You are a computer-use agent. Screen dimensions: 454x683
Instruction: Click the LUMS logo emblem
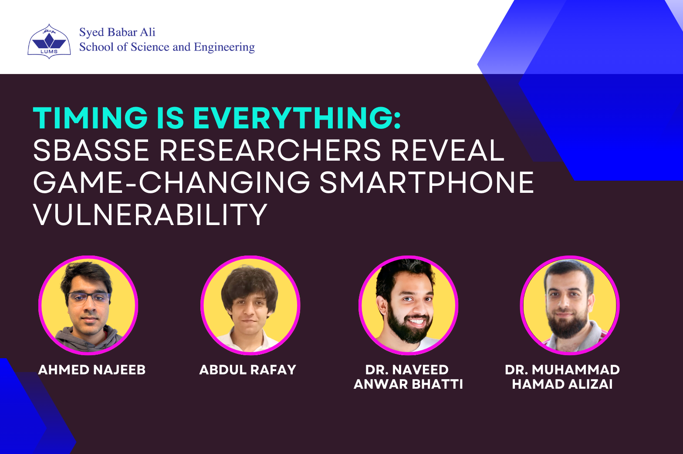click(x=49, y=42)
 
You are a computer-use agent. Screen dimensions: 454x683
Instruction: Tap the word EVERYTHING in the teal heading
click(x=296, y=118)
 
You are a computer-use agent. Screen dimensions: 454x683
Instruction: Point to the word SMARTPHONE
click(x=427, y=183)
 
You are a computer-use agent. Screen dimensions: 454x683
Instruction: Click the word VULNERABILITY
click(x=150, y=215)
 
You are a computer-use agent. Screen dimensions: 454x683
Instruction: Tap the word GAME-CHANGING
click(x=172, y=183)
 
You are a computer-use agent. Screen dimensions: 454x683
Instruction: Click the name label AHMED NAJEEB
click(x=92, y=370)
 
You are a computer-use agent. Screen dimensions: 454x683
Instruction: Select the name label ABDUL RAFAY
click(x=247, y=370)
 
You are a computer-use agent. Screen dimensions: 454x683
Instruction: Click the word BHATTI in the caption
click(x=437, y=384)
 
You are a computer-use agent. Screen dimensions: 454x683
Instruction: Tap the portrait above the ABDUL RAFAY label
click(x=250, y=305)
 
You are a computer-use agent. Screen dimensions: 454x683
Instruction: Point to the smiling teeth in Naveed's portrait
click(x=416, y=322)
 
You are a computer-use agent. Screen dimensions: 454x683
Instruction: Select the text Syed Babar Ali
click(x=117, y=33)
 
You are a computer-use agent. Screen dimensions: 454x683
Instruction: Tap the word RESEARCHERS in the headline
click(x=270, y=151)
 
